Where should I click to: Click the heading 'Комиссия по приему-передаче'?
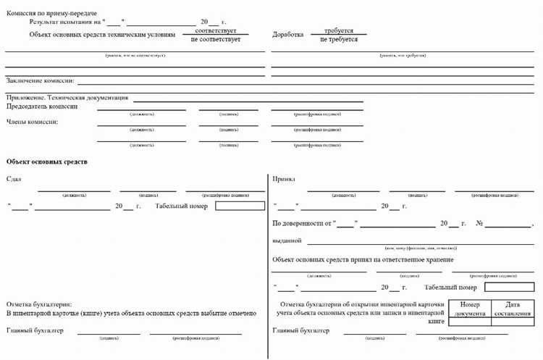pos(51,14)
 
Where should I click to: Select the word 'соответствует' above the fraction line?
pos(216,31)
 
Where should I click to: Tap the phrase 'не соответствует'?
pos(216,40)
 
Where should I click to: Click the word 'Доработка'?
pos(287,35)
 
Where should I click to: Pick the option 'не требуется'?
pos(339,40)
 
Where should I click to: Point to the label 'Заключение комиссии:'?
pos(41,80)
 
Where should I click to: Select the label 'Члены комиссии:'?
pos(33,122)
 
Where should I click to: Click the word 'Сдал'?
pos(14,179)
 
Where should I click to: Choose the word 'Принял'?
pos(284,179)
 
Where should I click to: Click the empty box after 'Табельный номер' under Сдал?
pos(240,206)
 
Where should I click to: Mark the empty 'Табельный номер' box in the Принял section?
pos(509,287)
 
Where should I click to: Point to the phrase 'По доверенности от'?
pos(301,224)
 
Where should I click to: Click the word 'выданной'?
pos(287,240)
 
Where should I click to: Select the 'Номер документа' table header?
pos(471,309)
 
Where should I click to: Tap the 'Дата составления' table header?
pos(513,309)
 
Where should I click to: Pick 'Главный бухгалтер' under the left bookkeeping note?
pos(35,331)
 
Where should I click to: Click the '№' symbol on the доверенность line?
pos(479,224)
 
